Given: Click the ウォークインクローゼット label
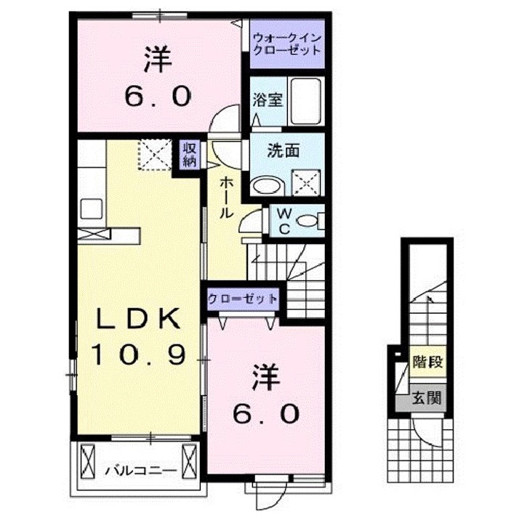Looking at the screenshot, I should pyautogui.click(x=286, y=45).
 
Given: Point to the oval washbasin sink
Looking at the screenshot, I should pyautogui.click(x=265, y=185).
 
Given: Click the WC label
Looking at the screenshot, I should pyautogui.click(x=284, y=222).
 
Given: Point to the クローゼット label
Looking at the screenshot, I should pyautogui.click(x=243, y=299).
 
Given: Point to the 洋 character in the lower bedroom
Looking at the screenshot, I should pyautogui.click(x=266, y=378).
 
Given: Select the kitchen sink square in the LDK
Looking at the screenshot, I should pyautogui.click(x=92, y=208).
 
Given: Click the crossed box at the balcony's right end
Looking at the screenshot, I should pyautogui.click(x=190, y=460).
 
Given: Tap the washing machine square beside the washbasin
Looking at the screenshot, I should pyautogui.click(x=306, y=181).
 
